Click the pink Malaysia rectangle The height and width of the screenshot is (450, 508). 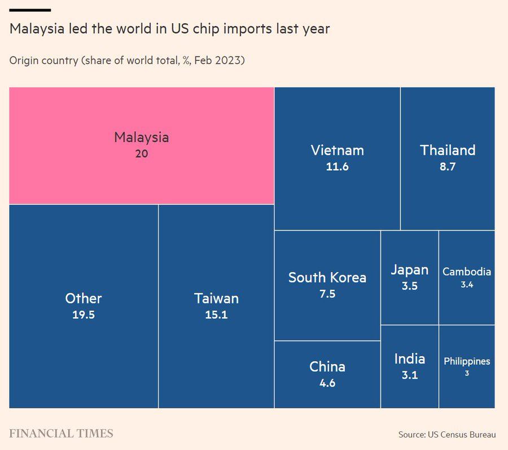point(141,145)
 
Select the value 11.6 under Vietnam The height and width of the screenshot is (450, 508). point(337,167)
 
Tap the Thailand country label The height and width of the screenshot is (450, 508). point(448,150)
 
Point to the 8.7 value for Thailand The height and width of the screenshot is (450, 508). point(448,167)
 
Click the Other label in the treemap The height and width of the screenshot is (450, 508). point(84,298)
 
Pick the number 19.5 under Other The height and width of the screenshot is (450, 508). point(84,315)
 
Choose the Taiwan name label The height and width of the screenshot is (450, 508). point(216,298)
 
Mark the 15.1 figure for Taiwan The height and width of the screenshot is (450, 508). point(216,315)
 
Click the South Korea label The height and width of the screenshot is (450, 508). point(327,278)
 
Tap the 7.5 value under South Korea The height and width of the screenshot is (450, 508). point(327,294)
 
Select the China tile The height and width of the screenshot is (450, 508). point(327,374)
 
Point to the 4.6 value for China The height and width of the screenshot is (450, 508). point(327,383)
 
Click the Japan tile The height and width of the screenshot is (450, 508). point(409,277)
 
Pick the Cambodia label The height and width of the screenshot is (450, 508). point(467,272)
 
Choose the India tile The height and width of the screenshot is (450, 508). point(409,366)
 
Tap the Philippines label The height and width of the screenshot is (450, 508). point(467,361)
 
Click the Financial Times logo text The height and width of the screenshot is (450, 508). point(61,434)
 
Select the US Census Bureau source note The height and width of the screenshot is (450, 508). point(447,435)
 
